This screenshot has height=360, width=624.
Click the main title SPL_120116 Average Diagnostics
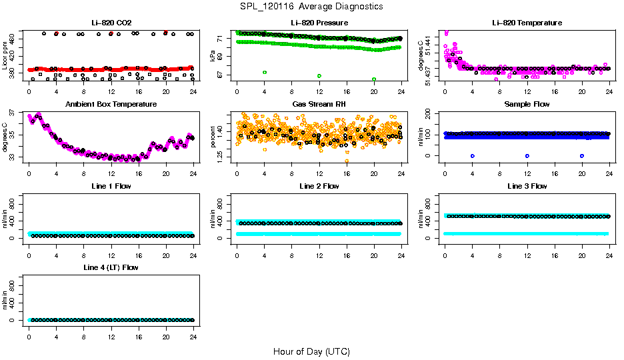pyautogui.click(x=312, y=7)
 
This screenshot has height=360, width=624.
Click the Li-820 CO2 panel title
pyautogui.click(x=111, y=23)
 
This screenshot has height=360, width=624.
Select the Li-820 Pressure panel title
pyautogui.click(x=319, y=23)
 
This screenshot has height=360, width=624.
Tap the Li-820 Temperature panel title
pyautogui.click(x=527, y=23)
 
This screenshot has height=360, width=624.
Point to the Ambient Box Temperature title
pyautogui.click(x=111, y=105)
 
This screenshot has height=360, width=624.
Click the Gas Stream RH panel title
pyautogui.click(x=319, y=105)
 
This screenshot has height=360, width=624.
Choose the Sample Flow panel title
pyautogui.click(x=527, y=105)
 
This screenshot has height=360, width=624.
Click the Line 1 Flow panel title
pyautogui.click(x=111, y=186)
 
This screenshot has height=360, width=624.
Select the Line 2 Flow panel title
pyautogui.click(x=319, y=186)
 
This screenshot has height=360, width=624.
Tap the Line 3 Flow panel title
pyautogui.click(x=527, y=186)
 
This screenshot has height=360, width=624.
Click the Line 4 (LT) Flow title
pyautogui.click(x=111, y=267)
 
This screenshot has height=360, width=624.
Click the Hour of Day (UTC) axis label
pyautogui.click(x=311, y=351)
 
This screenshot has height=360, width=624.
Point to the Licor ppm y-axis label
pyautogui.click(x=5, y=56)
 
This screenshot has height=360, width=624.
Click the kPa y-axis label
pyautogui.click(x=213, y=56)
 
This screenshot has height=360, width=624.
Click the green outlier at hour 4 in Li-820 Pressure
pyautogui.click(x=265, y=72)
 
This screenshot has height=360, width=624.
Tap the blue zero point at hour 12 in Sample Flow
pyautogui.click(x=527, y=156)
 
